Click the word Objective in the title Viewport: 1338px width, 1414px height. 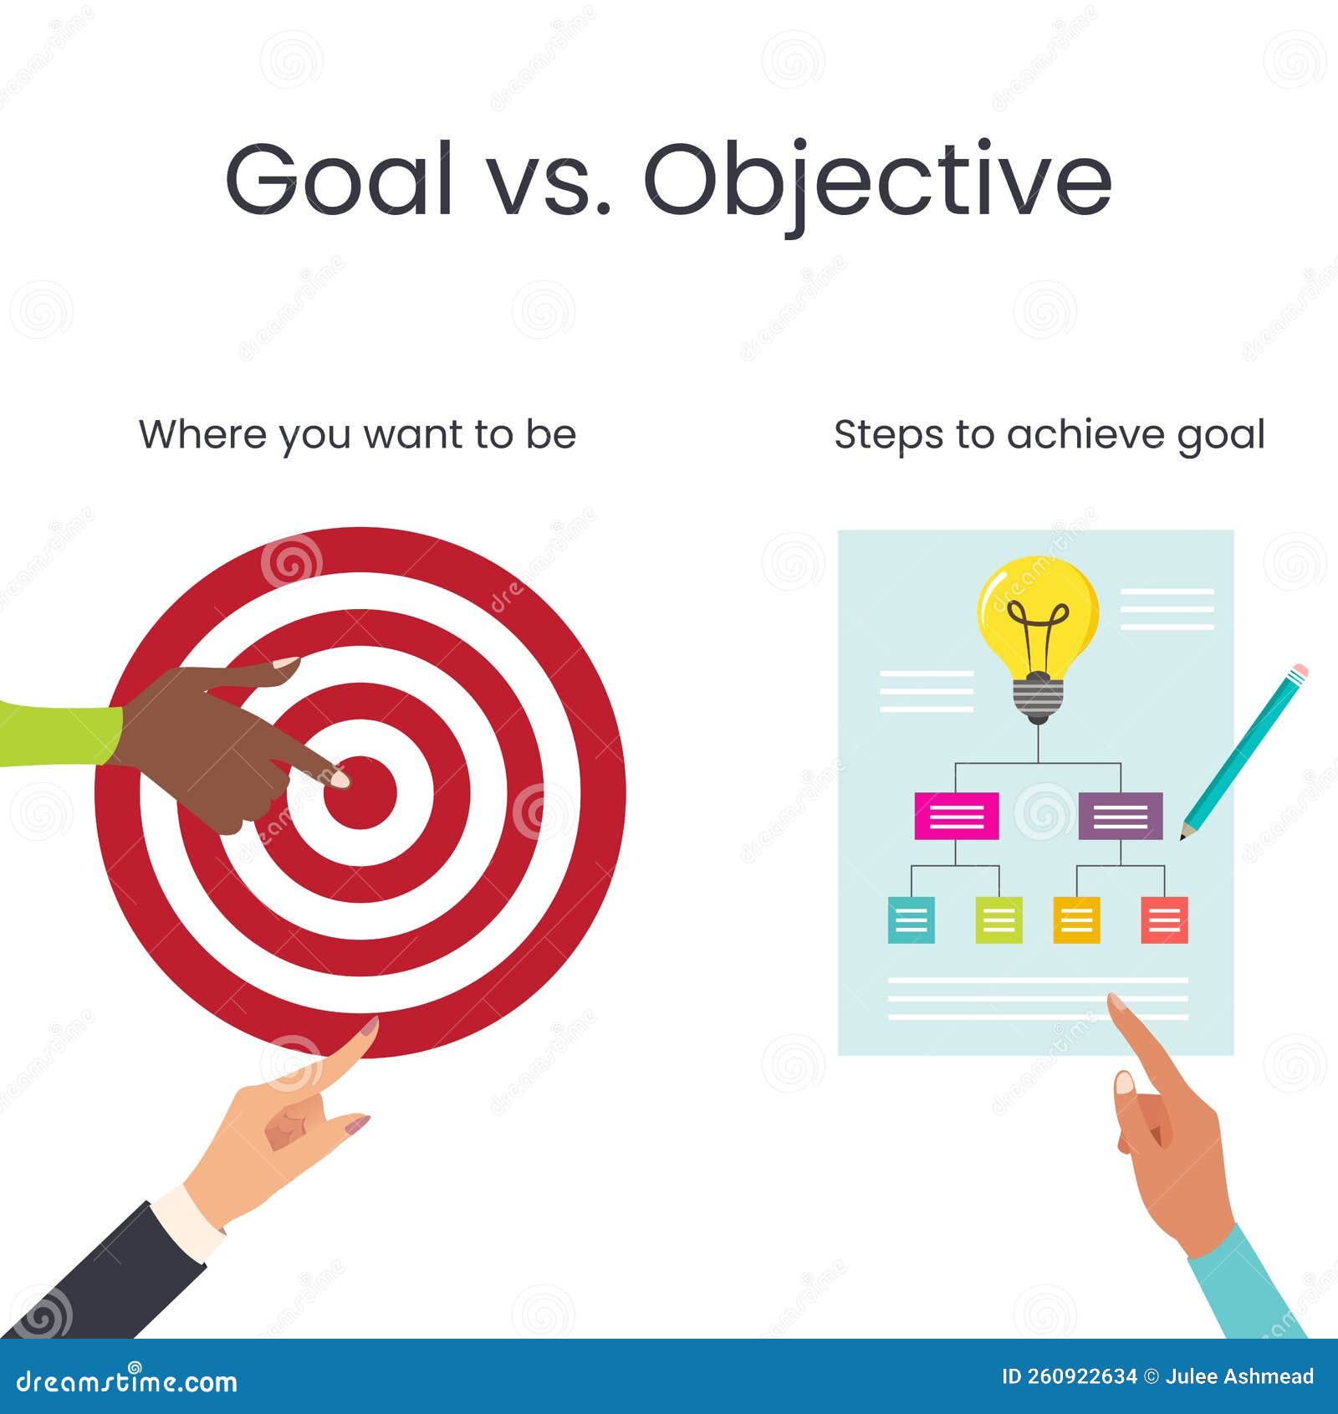coord(878,184)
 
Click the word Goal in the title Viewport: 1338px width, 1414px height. coord(340,178)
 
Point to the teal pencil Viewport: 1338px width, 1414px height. coord(1244,751)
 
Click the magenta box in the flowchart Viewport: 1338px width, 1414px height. coord(957,816)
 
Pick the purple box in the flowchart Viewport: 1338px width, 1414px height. coord(1121,816)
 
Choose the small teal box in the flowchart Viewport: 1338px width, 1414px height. coord(911,920)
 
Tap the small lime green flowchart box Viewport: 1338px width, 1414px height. coord(998,920)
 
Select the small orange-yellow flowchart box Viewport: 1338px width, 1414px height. coord(1076,920)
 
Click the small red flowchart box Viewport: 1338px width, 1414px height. coord(1165,920)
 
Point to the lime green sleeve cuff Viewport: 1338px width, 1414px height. coord(59,734)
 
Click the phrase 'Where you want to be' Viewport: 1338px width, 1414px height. coord(358,435)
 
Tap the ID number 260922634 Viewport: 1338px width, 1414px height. coord(1080,1376)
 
